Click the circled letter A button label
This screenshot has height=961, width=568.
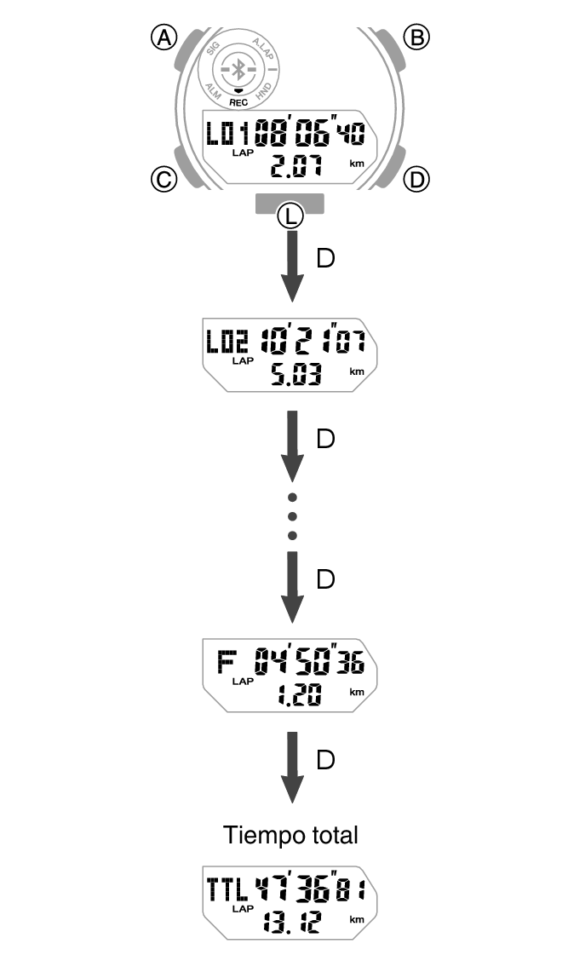[163, 37]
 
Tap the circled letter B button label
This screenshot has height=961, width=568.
[416, 37]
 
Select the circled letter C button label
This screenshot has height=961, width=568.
[163, 179]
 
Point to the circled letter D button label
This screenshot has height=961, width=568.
[416, 179]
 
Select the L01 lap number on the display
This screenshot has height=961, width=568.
[229, 134]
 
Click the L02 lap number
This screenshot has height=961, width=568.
[228, 343]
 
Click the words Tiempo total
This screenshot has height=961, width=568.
[290, 835]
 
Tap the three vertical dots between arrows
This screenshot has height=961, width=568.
[292, 515]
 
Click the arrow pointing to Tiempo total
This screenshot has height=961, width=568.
[292, 767]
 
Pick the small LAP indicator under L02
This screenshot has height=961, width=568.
[244, 361]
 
